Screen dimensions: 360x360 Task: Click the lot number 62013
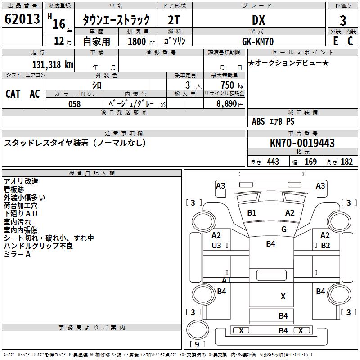(22, 20)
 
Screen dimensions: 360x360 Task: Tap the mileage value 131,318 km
(52, 64)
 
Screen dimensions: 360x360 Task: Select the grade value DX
(258, 20)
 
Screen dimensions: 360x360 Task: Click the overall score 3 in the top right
(343, 20)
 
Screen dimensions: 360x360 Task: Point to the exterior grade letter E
(335, 41)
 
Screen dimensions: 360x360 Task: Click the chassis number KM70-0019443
(302, 143)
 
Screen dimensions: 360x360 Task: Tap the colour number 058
(74, 104)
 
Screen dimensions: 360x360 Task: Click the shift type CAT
(13, 94)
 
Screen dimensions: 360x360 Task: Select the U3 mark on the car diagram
(216, 245)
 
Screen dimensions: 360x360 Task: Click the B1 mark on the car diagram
(252, 213)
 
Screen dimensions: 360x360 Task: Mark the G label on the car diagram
(284, 229)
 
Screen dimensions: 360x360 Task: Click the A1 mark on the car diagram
(226, 280)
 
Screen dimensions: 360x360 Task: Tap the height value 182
(346, 162)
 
